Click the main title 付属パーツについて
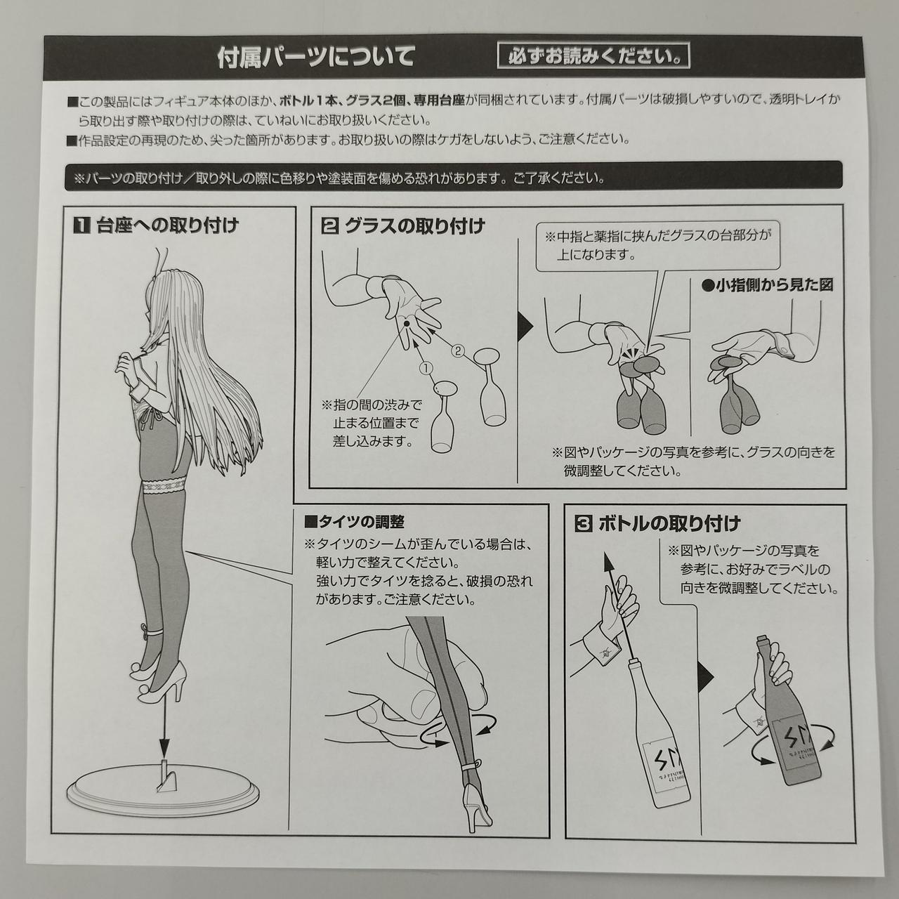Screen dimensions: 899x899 316,57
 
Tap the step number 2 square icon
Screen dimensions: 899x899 330,227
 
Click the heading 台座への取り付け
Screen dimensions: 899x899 167,226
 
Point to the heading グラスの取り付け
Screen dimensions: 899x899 415,226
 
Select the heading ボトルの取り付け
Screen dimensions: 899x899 669,525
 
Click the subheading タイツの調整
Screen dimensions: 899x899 354,522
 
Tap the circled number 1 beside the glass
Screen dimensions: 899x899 426,369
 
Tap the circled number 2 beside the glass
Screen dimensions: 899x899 458,351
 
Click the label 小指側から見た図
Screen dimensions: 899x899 768,285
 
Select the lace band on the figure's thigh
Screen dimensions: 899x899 163,488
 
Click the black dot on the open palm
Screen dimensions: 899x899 406,323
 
